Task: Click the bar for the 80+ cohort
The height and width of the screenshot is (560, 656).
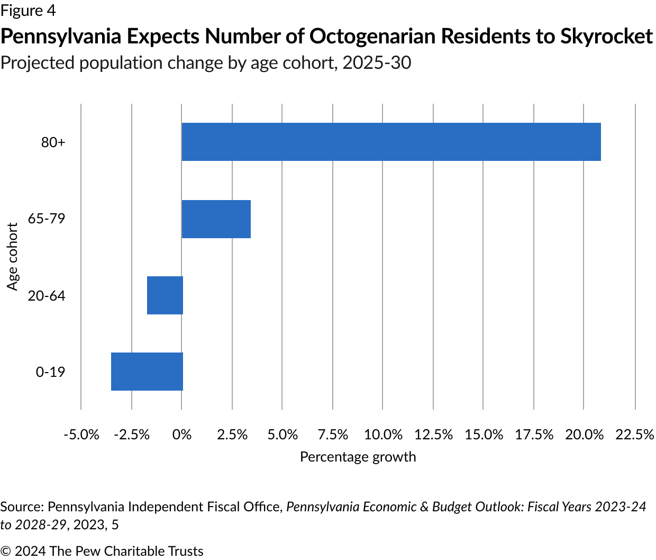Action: pyautogui.click(x=391, y=142)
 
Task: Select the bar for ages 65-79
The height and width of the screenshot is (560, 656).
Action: pyautogui.click(x=216, y=219)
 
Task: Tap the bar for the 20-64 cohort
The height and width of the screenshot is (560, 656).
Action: pyautogui.click(x=165, y=295)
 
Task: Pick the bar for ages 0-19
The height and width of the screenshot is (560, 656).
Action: pyautogui.click(x=147, y=372)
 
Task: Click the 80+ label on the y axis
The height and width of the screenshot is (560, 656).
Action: pyautogui.click(x=53, y=142)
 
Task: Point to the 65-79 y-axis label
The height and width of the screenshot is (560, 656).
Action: pyautogui.click(x=47, y=218)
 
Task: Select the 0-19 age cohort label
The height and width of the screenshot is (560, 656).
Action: pyautogui.click(x=50, y=372)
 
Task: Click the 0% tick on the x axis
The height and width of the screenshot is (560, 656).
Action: pyautogui.click(x=181, y=435)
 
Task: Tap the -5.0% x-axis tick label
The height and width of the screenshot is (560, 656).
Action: pyautogui.click(x=81, y=435)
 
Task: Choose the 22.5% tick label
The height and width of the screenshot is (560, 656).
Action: pyautogui.click(x=635, y=435)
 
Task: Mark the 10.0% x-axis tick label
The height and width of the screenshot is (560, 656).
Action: pyautogui.click(x=383, y=435)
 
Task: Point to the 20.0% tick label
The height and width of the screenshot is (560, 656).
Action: pyautogui.click(x=584, y=435)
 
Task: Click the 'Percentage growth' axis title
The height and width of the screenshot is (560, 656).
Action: pyautogui.click(x=358, y=457)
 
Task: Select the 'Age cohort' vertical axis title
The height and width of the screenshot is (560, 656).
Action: pyautogui.click(x=13, y=257)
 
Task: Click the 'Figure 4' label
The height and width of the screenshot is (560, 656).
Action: pyautogui.click(x=28, y=10)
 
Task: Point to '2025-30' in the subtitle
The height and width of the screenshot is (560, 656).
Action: pyautogui.click(x=377, y=63)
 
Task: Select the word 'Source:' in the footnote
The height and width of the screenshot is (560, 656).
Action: pyautogui.click(x=22, y=507)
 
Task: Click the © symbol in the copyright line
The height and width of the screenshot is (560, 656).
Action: pyautogui.click(x=6, y=551)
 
